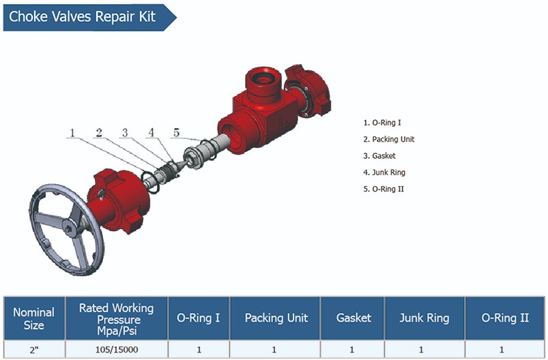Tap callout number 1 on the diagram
tap(71, 133)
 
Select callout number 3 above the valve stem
tap(125, 133)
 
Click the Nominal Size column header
tap(34, 318)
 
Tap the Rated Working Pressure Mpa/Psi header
tap(116, 318)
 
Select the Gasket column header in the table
tap(354, 318)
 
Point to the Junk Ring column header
tap(424, 318)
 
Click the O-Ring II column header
tap(505, 318)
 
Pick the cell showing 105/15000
tap(116, 350)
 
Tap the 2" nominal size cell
tap(34, 350)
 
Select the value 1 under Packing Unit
tap(276, 350)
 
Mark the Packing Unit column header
tap(276, 318)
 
